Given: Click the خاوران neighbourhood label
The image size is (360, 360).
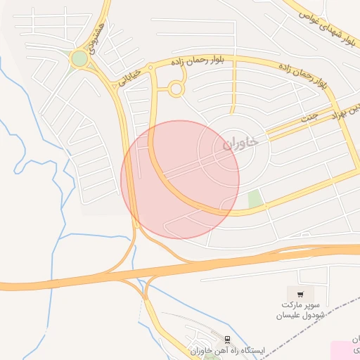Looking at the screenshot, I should pos(240,142).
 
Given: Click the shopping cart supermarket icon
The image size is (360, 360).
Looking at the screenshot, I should pos(300,295).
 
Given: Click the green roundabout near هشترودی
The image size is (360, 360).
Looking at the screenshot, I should pos(79,59).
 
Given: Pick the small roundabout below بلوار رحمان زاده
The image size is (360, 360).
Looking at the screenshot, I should pos(175,89).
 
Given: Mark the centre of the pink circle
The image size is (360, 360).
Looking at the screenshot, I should pos(180,179).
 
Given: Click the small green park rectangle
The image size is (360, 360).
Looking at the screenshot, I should pos(255,199).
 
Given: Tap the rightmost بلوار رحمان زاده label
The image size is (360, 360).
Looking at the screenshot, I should pos(304,75).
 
